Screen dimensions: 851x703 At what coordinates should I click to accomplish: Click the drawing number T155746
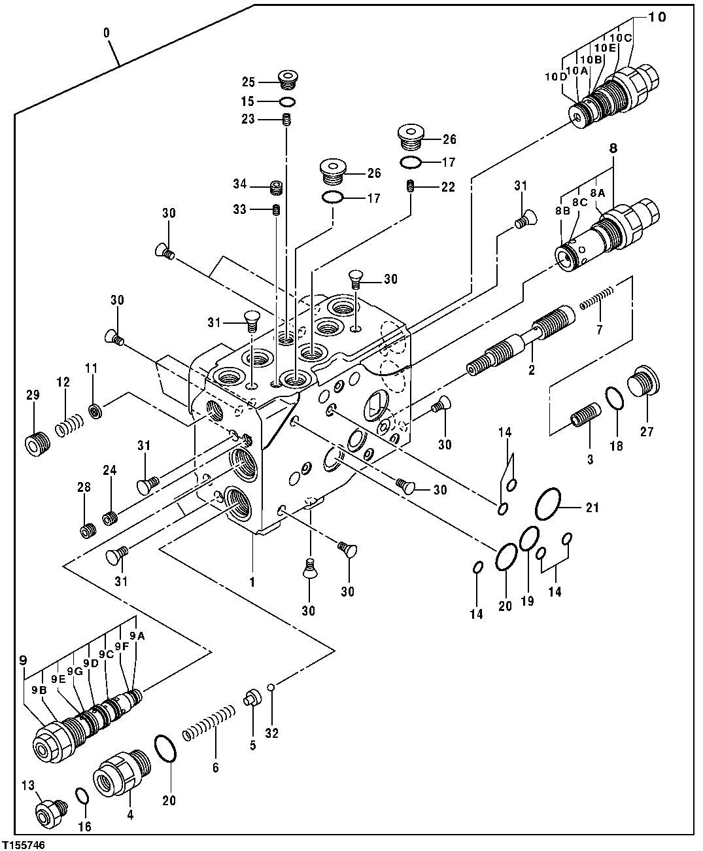pyautogui.click(x=24, y=844)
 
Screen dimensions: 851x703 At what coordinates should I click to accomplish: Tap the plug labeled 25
pyautogui.click(x=286, y=80)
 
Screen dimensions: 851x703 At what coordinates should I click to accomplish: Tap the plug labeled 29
pyautogui.click(x=34, y=443)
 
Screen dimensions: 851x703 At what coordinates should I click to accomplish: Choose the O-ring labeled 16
pyautogui.click(x=82, y=796)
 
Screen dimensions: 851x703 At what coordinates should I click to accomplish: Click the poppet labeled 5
pyautogui.click(x=250, y=699)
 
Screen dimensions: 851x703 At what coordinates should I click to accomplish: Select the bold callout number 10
pyautogui.click(x=657, y=17)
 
